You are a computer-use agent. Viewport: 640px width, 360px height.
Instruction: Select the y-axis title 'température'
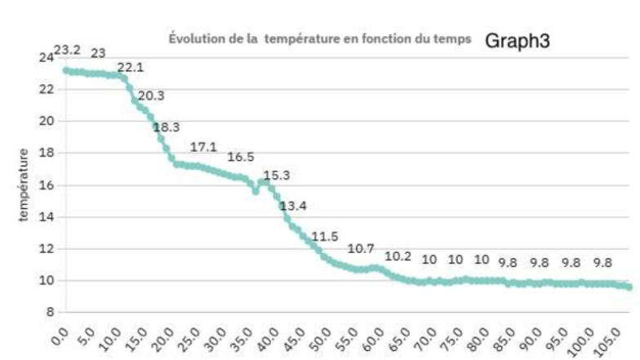[24, 184]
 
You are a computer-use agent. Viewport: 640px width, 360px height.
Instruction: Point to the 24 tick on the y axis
[47, 57]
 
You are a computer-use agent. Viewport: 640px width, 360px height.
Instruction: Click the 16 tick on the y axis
[47, 185]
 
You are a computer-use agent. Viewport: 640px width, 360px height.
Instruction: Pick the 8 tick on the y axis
[50, 313]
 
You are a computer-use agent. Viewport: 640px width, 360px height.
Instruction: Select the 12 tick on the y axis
[47, 249]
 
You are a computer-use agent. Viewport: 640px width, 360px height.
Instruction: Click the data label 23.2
[68, 51]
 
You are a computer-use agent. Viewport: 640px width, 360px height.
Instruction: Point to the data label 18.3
[167, 128]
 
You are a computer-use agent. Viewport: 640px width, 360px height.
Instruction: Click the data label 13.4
[293, 206]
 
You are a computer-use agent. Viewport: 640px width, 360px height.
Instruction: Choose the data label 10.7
[361, 248]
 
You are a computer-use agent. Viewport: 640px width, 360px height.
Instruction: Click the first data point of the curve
[66, 70]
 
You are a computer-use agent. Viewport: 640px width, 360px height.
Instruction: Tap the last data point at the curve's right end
[629, 287]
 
